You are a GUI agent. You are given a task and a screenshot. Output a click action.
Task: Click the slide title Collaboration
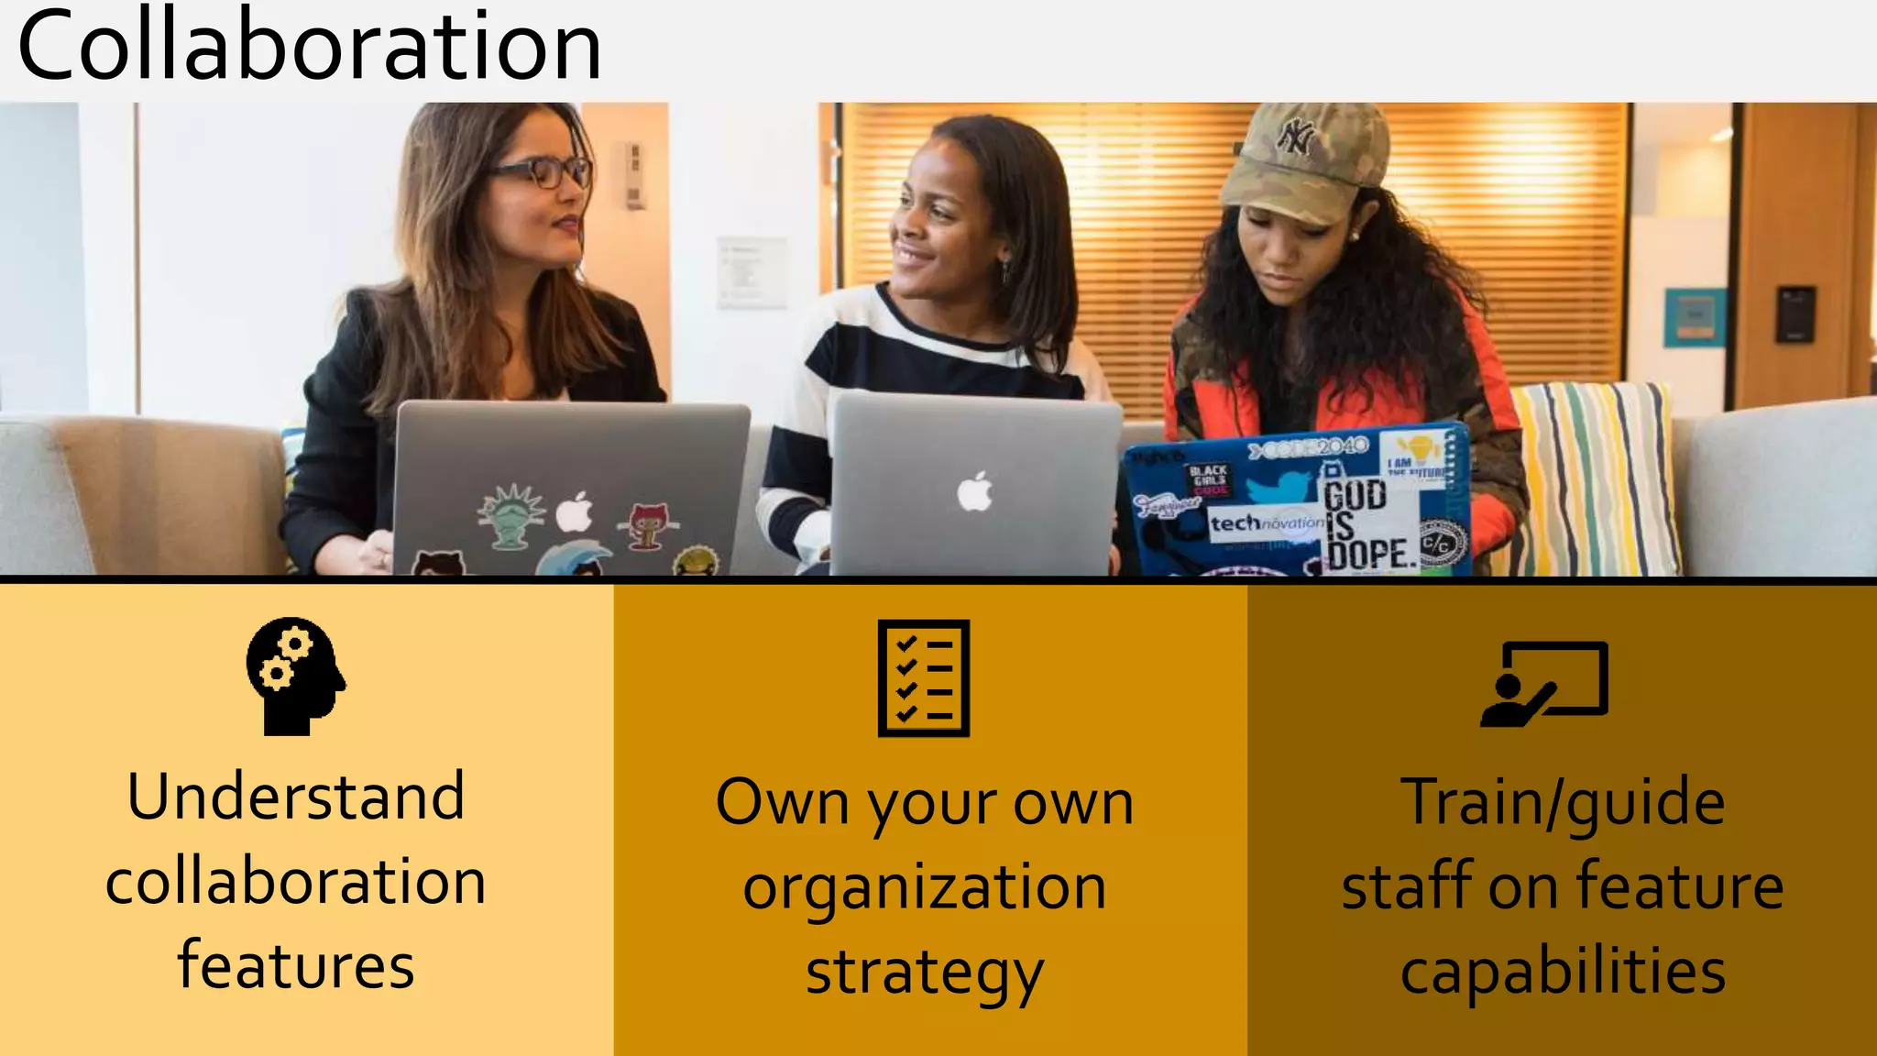pos(309,46)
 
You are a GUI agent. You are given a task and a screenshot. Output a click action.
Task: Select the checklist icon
pos(923,677)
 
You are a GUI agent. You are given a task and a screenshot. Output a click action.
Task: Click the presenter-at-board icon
pos(1545,684)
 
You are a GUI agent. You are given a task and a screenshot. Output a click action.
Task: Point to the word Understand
pos(296,796)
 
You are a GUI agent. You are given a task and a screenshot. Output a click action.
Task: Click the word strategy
pos(924,973)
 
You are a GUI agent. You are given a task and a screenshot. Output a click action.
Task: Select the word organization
pos(924,887)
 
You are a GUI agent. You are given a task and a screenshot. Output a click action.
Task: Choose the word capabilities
pos(1563,971)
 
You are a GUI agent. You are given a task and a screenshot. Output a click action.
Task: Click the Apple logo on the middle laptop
pos(974,491)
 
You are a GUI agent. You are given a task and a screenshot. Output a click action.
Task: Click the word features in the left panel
pos(296,965)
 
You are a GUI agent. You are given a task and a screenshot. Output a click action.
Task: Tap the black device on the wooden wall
pos(1794,314)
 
